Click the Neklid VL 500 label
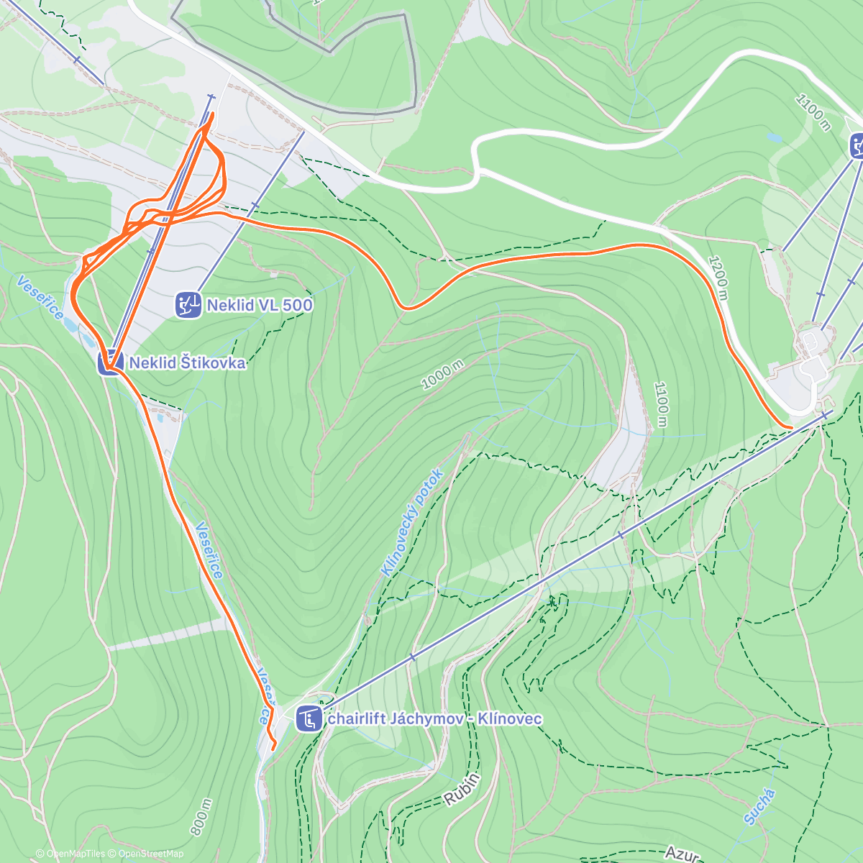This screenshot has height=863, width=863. [x=259, y=305]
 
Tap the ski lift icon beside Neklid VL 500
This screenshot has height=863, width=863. [x=188, y=305]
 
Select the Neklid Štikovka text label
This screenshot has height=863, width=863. [x=187, y=363]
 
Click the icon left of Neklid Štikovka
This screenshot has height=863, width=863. [x=110, y=362]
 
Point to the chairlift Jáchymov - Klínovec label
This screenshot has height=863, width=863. [x=434, y=718]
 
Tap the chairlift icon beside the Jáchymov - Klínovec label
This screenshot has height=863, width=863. [x=309, y=718]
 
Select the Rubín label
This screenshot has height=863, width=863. [x=462, y=789]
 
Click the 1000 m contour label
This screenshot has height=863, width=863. [x=442, y=375]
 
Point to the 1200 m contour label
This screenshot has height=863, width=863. [x=718, y=279]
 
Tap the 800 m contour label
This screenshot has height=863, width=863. [x=201, y=817]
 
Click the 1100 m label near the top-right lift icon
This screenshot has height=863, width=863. [x=813, y=112]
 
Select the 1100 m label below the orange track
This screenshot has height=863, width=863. [x=661, y=404]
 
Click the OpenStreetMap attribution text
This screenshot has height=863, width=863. [x=151, y=854]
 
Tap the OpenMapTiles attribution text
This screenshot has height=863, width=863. [x=76, y=854]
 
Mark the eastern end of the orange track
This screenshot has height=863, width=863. [x=791, y=428]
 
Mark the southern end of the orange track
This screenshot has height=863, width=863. [x=273, y=749]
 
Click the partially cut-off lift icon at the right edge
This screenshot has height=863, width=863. [x=857, y=145]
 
